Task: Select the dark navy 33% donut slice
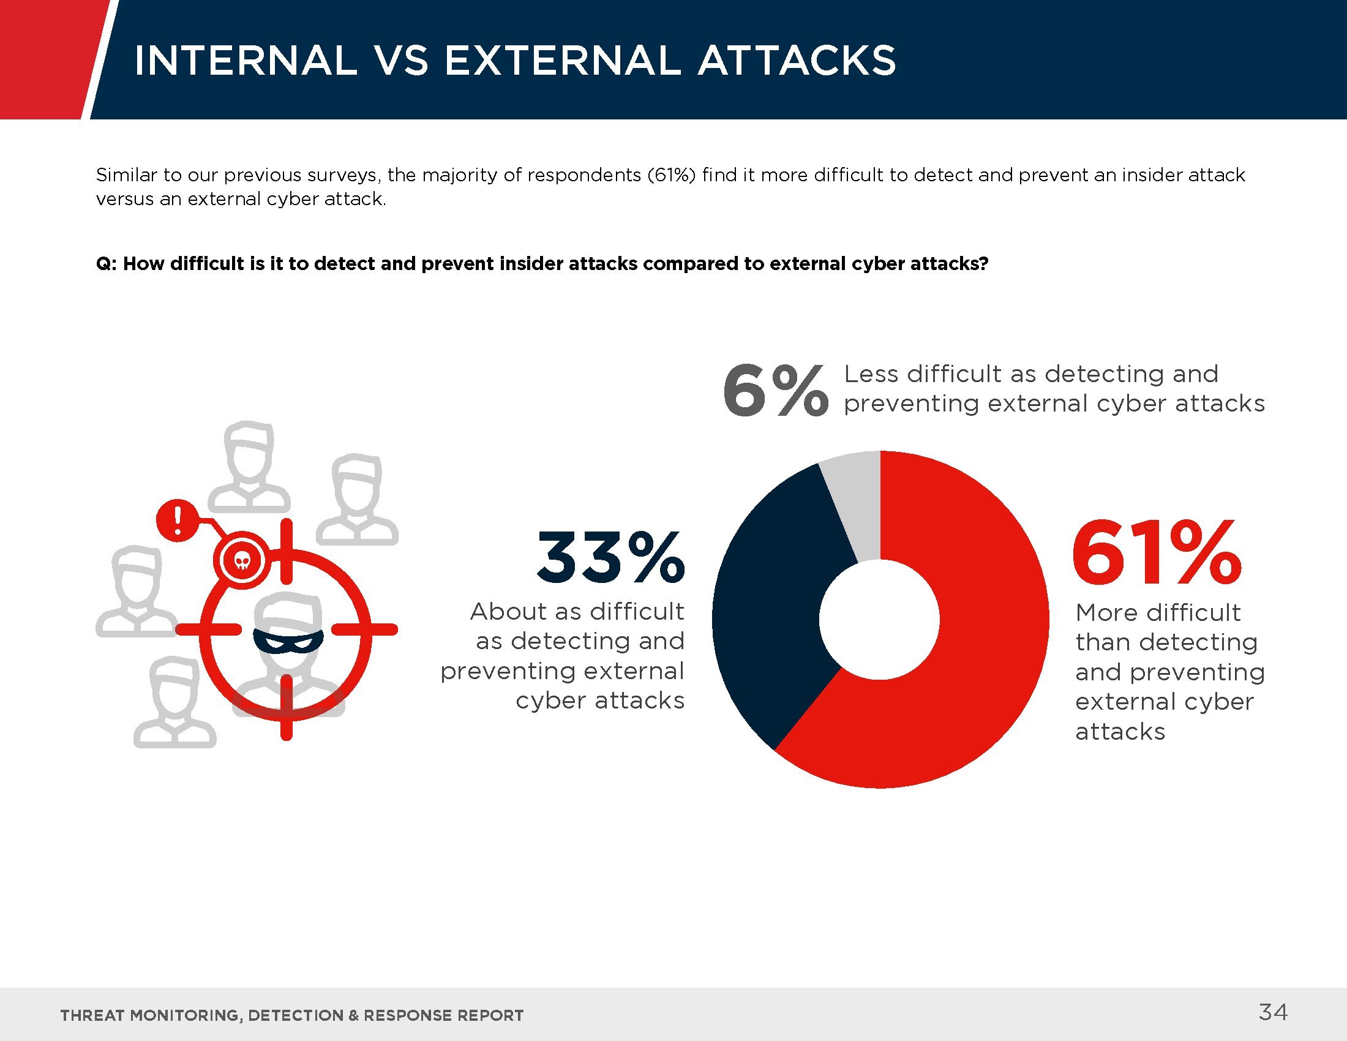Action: click(x=771, y=611)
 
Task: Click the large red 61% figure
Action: click(x=1156, y=552)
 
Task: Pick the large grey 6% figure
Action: click(x=775, y=391)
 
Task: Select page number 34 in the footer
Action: click(x=1273, y=1012)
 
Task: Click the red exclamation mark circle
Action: click(x=178, y=520)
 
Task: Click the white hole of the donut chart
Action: click(x=879, y=619)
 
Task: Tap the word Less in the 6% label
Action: click(x=871, y=374)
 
